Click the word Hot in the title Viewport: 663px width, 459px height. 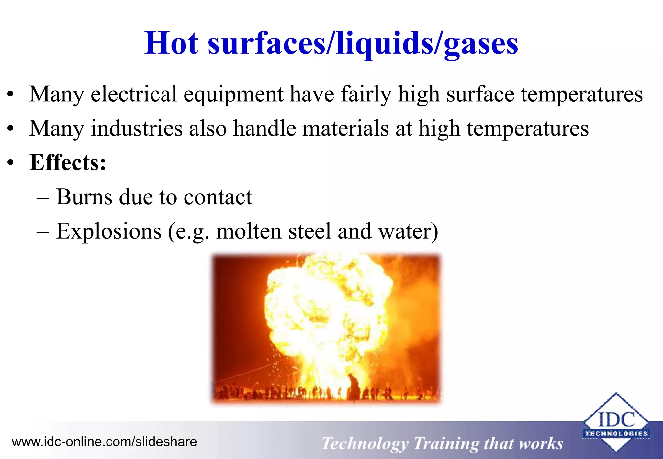[x=171, y=43]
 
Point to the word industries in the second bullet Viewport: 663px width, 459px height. [x=137, y=129]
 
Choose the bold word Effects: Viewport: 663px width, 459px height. [x=68, y=162]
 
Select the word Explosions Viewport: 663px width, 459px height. [x=109, y=231]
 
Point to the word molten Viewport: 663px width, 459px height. [x=249, y=231]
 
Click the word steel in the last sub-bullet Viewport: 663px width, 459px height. [x=309, y=231]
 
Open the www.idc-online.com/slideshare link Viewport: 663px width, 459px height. [x=104, y=442]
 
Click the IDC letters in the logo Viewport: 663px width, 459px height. [x=616, y=420]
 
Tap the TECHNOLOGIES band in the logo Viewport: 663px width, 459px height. [x=616, y=434]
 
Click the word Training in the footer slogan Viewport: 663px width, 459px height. [x=446, y=444]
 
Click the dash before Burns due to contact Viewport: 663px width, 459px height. [x=42, y=198]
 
